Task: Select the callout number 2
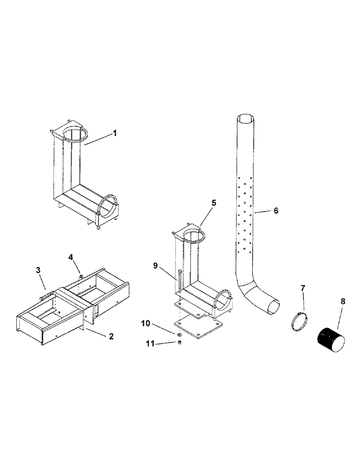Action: click(x=111, y=336)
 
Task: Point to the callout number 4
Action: click(x=71, y=257)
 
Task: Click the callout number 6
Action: click(x=276, y=211)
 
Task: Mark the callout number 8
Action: click(x=344, y=302)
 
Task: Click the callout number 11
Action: click(x=149, y=343)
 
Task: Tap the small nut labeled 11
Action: click(x=180, y=343)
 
